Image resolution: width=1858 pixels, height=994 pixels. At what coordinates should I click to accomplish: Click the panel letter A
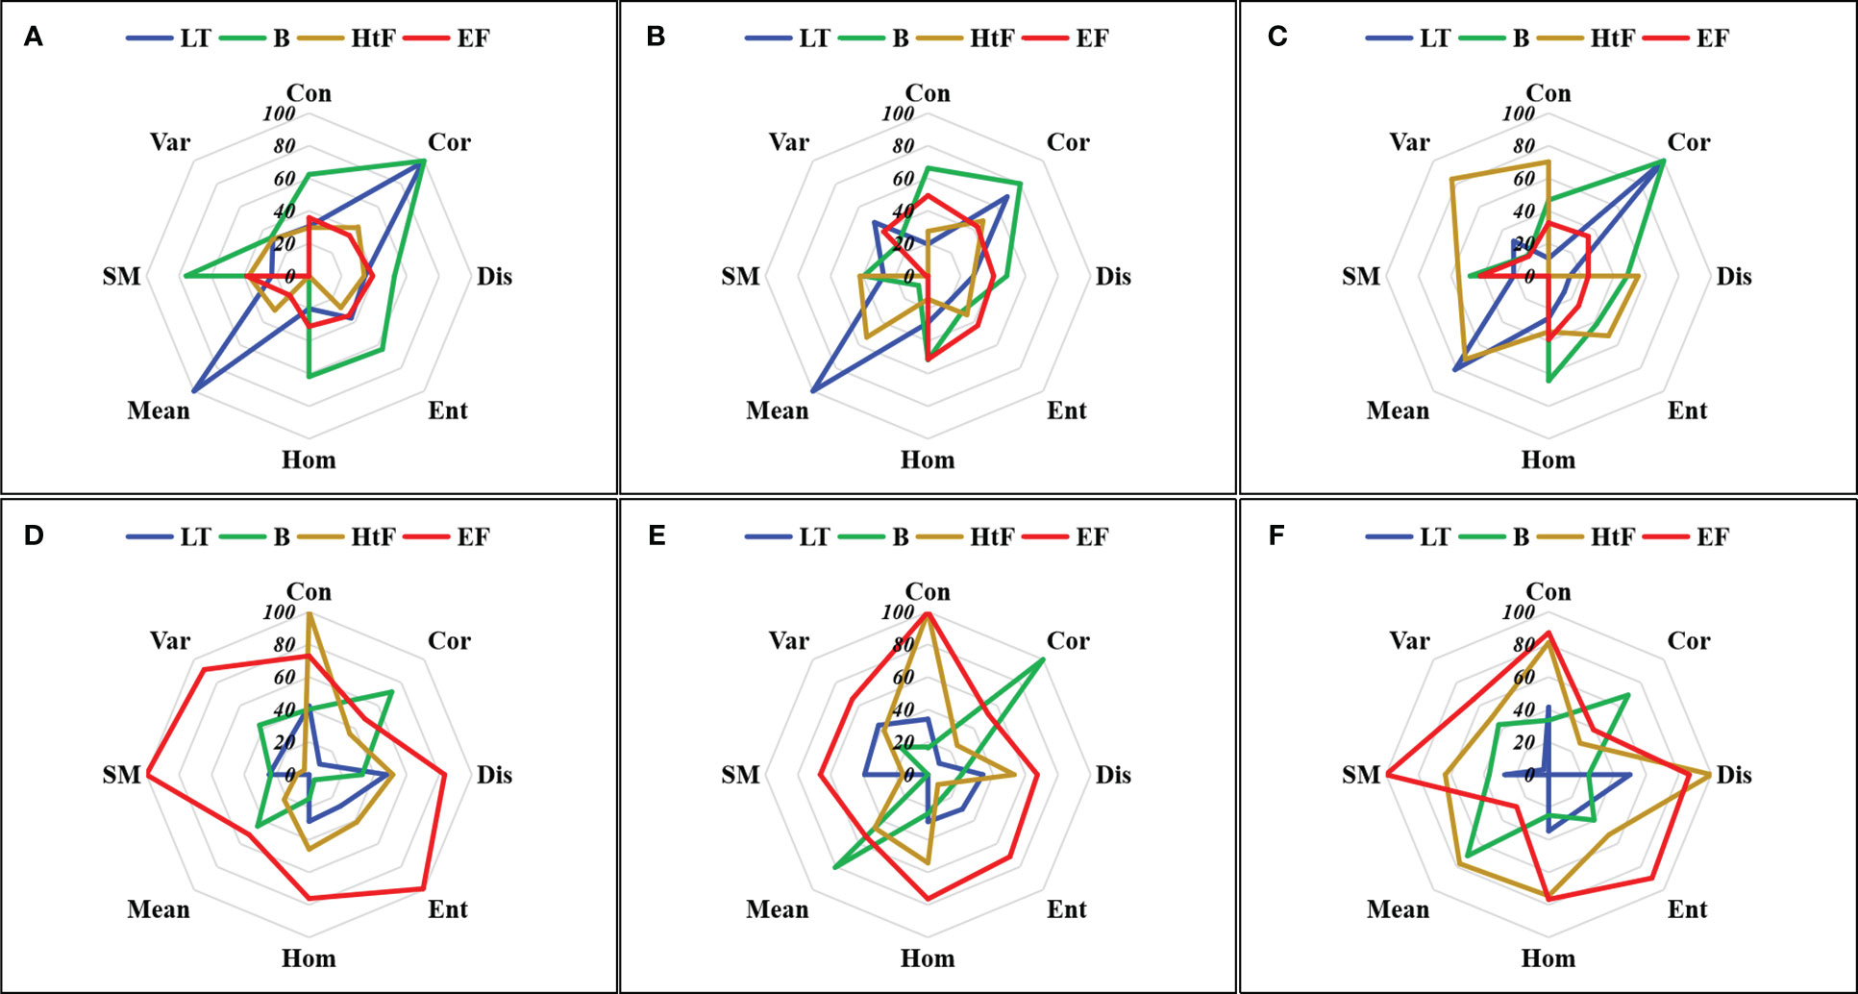tap(34, 37)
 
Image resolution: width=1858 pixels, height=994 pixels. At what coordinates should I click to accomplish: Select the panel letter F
tap(1276, 535)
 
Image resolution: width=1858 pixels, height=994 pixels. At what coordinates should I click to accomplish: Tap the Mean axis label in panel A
tap(159, 410)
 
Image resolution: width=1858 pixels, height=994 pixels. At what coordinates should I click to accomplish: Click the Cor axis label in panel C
tap(1689, 142)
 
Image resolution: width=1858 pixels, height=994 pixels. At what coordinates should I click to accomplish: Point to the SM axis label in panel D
tap(121, 775)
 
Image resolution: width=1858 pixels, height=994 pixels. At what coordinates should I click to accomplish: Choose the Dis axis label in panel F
tap(1734, 775)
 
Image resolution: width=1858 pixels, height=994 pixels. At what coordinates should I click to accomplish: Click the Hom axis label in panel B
tap(928, 460)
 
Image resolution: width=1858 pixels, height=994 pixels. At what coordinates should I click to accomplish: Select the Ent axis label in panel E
tap(1066, 909)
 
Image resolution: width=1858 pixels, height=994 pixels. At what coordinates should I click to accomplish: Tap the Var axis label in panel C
tap(1409, 142)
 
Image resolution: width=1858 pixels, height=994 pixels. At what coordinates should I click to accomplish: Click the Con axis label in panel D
tap(309, 592)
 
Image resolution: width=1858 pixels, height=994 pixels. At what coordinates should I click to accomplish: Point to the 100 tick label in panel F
tap(1519, 612)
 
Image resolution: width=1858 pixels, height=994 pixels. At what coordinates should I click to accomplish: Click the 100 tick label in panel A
tap(279, 113)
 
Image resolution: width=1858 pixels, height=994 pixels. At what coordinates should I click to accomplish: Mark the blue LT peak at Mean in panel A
tap(193, 392)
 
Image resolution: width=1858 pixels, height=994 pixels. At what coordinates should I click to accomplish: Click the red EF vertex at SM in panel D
tap(148, 775)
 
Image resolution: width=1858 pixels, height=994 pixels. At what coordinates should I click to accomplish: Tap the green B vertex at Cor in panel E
tap(1044, 659)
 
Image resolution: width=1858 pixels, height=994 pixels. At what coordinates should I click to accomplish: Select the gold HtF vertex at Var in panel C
tap(1450, 179)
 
